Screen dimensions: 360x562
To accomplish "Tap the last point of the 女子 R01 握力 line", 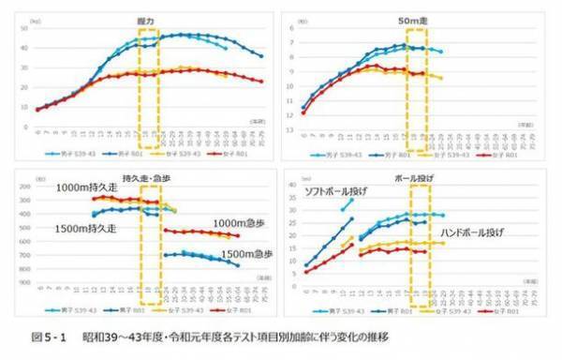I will (260, 82).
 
